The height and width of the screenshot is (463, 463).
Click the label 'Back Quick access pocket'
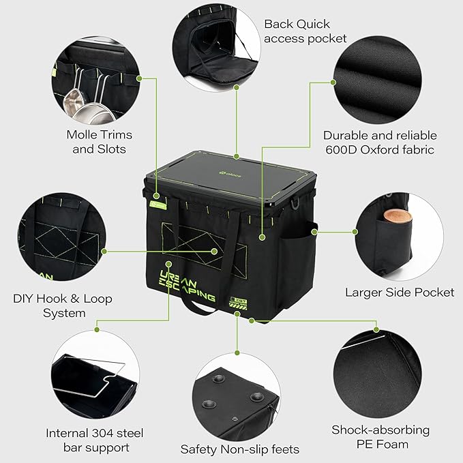(x=305, y=31)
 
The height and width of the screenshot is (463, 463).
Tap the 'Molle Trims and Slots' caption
(x=100, y=141)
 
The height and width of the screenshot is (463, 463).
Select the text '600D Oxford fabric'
(x=380, y=149)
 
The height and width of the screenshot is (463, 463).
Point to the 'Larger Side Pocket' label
(x=399, y=293)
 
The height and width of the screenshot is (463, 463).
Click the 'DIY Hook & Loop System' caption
(x=63, y=305)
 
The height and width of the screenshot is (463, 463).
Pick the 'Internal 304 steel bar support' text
(x=95, y=440)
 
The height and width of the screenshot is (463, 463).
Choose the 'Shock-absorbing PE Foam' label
(x=380, y=437)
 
